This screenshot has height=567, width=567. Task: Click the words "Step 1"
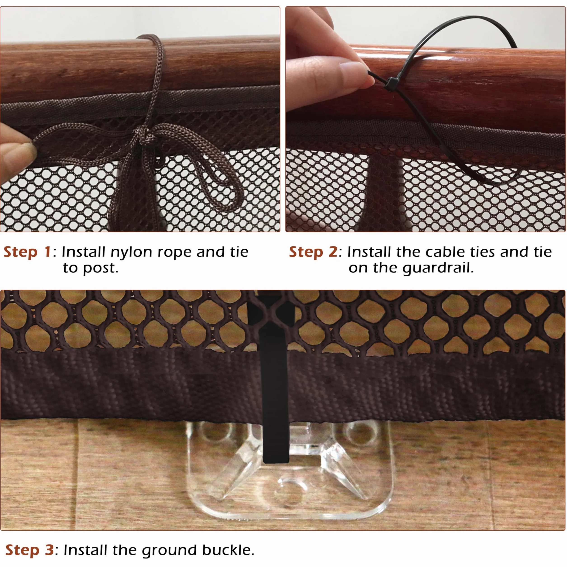point(27,252)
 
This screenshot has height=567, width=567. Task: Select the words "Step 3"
point(30,550)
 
